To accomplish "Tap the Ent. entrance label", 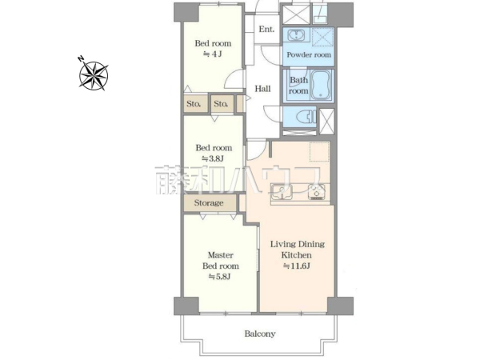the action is point(266,29).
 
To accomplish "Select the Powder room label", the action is point(309,54).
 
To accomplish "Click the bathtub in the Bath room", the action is point(321,85).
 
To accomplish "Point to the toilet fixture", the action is point(306,116).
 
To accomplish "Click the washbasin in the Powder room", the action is point(296,34).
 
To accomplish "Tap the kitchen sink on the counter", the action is point(282,192).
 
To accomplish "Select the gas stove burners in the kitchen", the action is point(317,192).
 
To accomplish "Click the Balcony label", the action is point(260,334).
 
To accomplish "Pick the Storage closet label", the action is point(209,203).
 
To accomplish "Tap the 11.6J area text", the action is point(296,266).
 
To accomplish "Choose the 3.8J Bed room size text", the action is point(213,158).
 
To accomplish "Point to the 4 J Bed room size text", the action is point(213,54).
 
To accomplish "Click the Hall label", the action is point(262,89).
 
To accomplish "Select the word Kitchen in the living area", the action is point(296,255).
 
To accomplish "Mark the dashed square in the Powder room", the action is point(323,37).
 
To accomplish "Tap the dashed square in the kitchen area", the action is point(319,152).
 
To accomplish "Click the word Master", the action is point(221,255).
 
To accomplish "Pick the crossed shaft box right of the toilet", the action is point(326,122).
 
